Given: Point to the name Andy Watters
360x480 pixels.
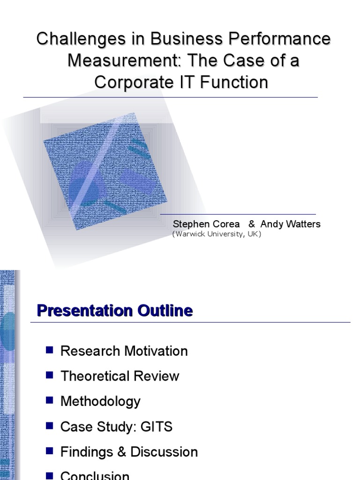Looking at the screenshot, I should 290,224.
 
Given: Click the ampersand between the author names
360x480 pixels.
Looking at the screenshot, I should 251,224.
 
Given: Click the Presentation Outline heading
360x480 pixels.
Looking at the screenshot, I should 115,311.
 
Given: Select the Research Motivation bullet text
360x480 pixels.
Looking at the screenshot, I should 124,351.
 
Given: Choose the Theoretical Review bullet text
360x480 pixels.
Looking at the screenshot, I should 120,376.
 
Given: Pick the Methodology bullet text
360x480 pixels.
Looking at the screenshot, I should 100,401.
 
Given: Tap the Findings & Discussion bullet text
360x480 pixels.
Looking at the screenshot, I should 129,452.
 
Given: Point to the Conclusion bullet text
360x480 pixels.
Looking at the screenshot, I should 95,475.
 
